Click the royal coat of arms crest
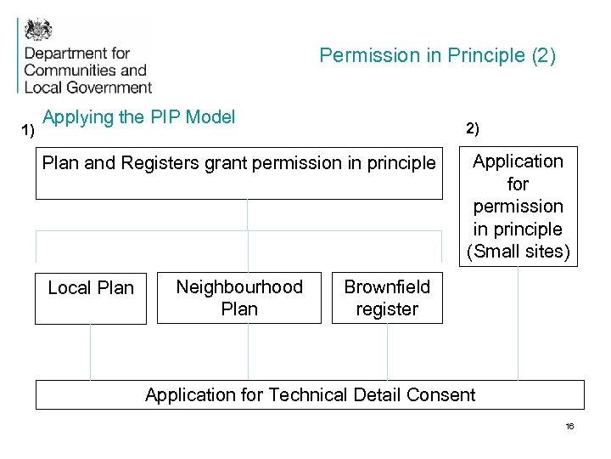click(38, 31)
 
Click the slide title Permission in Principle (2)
click(437, 56)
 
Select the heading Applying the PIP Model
click(138, 117)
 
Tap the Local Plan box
click(91, 298)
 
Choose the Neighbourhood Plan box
click(239, 298)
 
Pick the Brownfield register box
click(387, 298)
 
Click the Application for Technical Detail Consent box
click(310, 394)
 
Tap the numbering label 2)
click(472, 129)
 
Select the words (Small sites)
click(518, 252)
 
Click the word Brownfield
click(387, 287)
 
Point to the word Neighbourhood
click(239, 287)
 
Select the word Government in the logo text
click(109, 87)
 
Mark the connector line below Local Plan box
click(90, 352)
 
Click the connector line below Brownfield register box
click(387, 352)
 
